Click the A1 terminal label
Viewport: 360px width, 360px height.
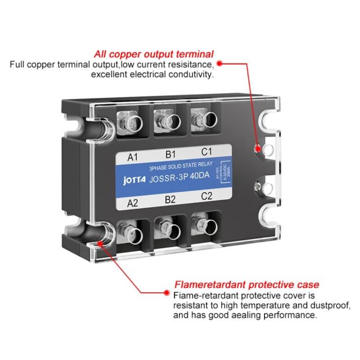coord(132,155)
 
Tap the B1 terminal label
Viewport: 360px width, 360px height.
coord(169,154)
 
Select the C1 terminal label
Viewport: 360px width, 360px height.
coord(207,152)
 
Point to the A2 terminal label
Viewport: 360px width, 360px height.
coord(133,205)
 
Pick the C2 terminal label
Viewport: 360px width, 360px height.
coord(206,197)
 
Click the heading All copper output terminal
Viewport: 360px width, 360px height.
coord(154,54)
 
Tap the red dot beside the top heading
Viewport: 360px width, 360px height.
coord(220,63)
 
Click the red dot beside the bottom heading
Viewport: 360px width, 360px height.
coord(167,285)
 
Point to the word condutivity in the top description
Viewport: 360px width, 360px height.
coord(187,75)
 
